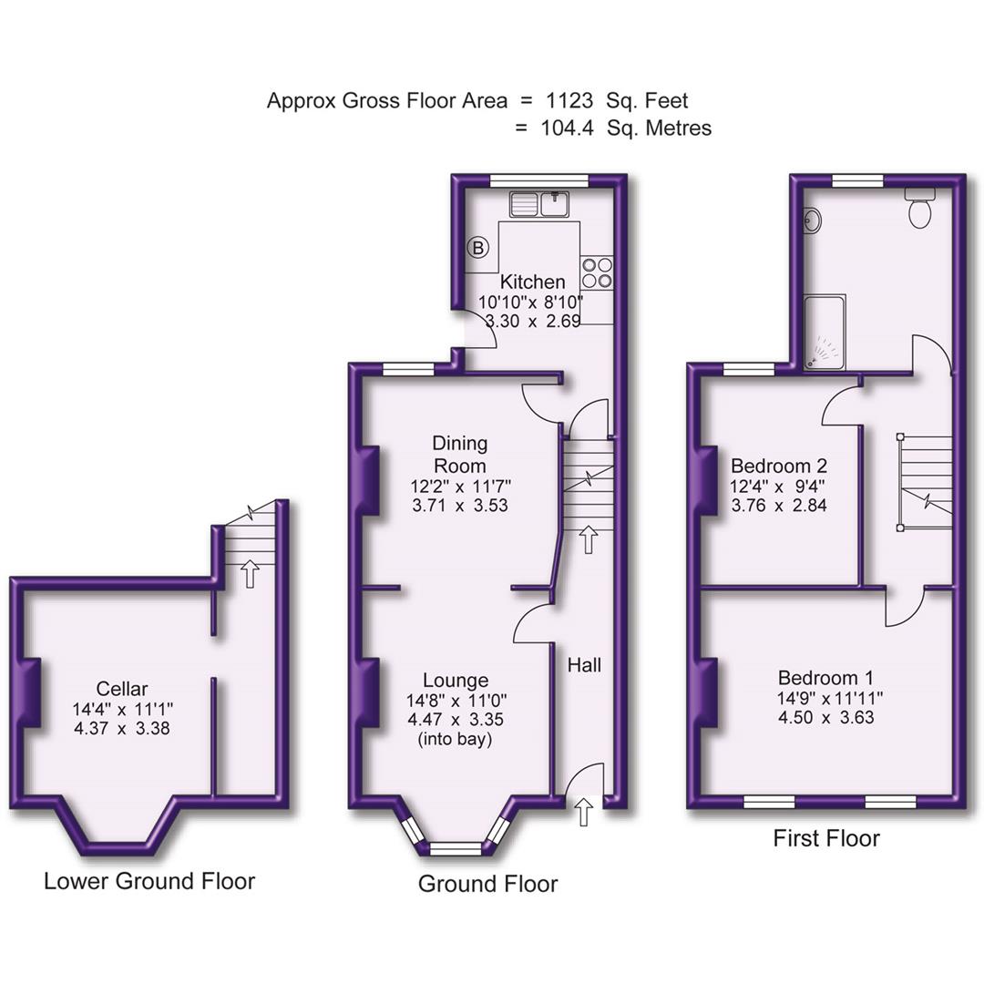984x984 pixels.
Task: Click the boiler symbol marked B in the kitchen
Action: coord(478,246)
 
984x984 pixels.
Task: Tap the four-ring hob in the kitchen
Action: coord(598,273)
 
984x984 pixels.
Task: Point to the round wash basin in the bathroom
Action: coord(811,220)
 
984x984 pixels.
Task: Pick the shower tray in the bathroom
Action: coord(825,333)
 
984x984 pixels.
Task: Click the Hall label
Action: coord(584,666)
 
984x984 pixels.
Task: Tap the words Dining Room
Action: coord(460,455)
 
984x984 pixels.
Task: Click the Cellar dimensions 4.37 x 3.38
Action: coord(123,729)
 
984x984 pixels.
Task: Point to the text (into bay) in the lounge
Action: coord(455,740)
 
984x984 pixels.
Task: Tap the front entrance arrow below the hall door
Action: coord(584,812)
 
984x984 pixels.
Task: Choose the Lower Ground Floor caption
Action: coord(149,881)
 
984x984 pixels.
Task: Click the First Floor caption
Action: coord(826,838)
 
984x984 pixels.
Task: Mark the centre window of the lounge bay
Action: coord(455,849)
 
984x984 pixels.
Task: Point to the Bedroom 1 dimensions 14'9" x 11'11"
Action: coord(825,698)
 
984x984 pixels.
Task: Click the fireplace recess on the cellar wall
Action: coord(28,692)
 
